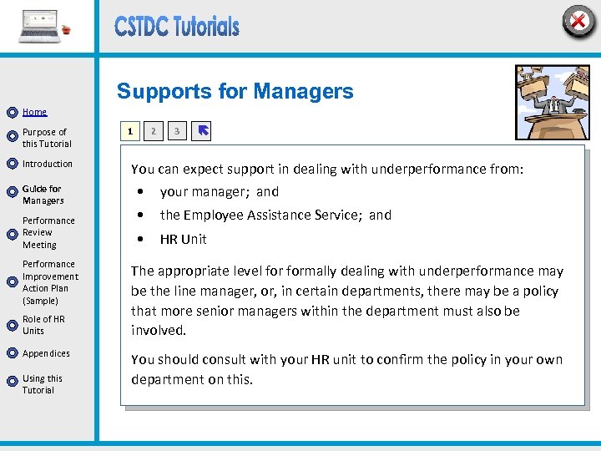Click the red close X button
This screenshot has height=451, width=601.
(578, 21)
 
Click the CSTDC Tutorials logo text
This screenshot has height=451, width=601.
(177, 27)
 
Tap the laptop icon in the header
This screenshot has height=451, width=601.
(40, 27)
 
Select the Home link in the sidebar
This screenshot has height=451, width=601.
(34, 112)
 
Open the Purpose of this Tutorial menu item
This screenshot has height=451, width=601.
(47, 138)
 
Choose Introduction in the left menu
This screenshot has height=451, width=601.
(48, 164)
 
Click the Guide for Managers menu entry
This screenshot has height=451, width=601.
(43, 195)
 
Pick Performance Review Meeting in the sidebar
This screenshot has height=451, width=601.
(48, 233)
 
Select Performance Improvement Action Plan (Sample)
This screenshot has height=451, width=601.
(50, 282)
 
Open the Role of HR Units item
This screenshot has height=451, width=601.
(43, 325)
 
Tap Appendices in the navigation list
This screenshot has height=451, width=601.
(46, 353)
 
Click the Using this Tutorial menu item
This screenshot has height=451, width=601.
(42, 384)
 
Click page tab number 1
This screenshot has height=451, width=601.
(129, 131)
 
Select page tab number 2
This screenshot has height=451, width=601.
(153, 131)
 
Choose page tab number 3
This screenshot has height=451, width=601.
(176, 131)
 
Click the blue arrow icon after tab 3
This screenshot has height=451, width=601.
(202, 131)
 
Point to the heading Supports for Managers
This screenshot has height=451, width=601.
(235, 92)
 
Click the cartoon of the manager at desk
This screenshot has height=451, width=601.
(552, 102)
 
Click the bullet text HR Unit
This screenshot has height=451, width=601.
(184, 240)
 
